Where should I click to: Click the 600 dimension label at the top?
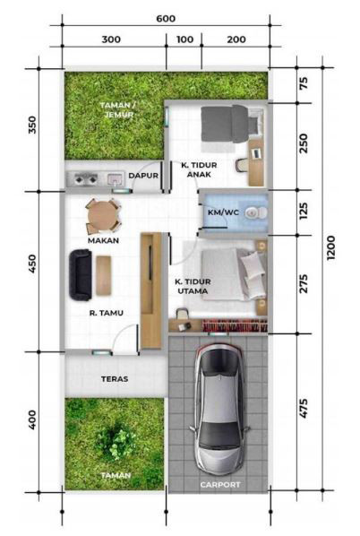pyautogui.click(x=166, y=19)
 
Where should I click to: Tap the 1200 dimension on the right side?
pyautogui.click(x=330, y=247)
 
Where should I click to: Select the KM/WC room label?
pyautogui.click(x=223, y=212)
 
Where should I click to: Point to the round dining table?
pyautogui.click(x=103, y=216)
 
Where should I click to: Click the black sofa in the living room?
pyautogui.click(x=81, y=275)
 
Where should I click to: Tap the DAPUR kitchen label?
pyautogui.click(x=143, y=176)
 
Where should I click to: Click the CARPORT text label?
pyautogui.click(x=220, y=485)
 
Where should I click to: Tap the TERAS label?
pyautogui.click(x=115, y=379)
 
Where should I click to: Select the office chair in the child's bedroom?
pyautogui.click(x=242, y=165)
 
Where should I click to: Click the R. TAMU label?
pyautogui.click(x=107, y=313)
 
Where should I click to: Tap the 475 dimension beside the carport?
pyautogui.click(x=304, y=408)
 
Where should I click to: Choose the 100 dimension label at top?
pyautogui.click(x=184, y=39)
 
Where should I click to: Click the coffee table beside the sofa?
pyautogui.click(x=104, y=275)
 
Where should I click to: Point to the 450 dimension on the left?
pyautogui.click(x=31, y=264)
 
